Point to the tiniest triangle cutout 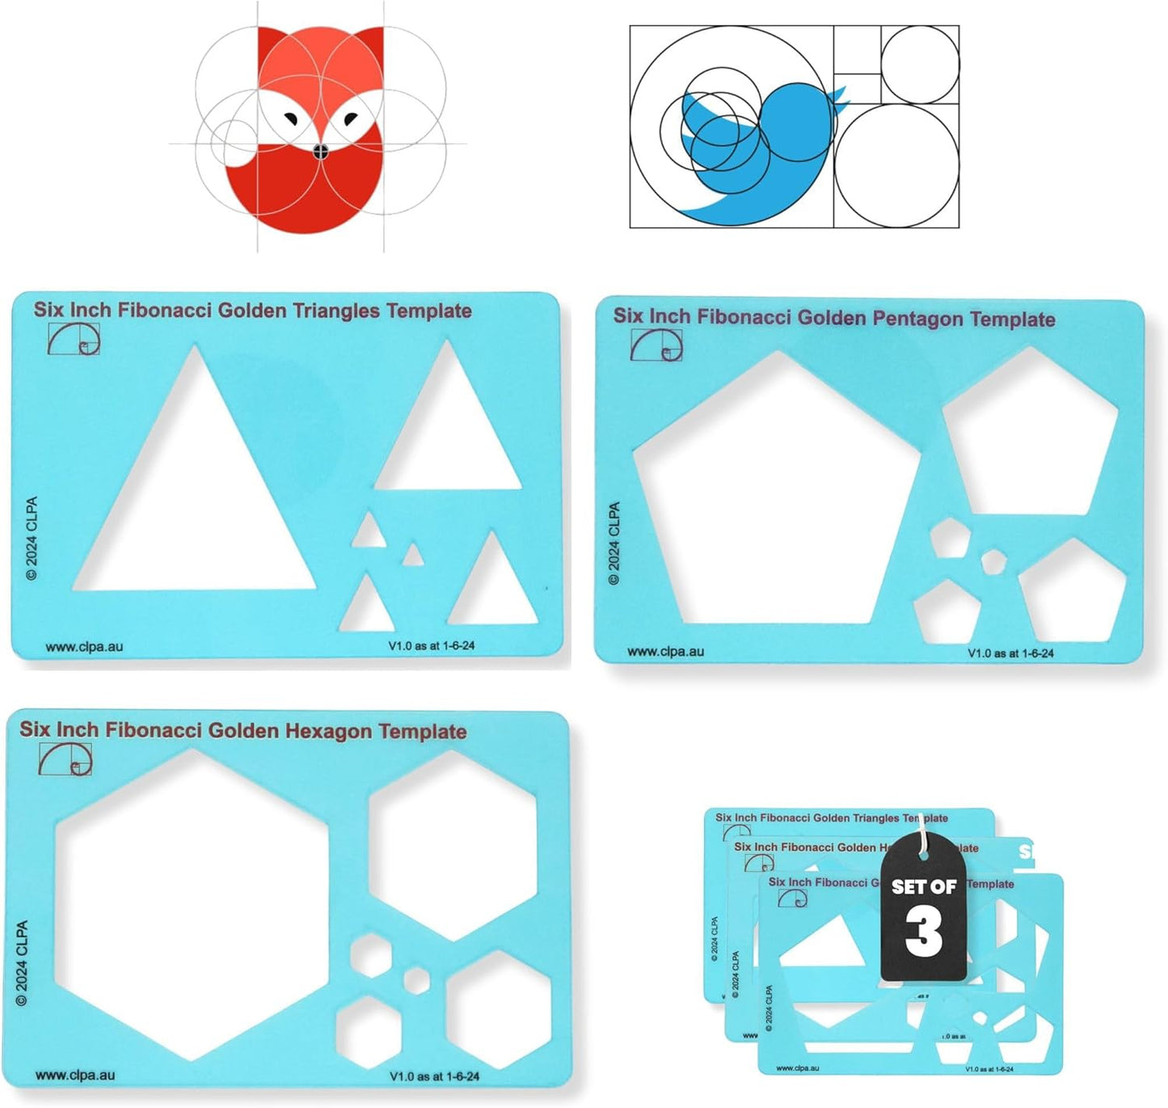coord(413,556)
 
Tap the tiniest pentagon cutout coord(993,560)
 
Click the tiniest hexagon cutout coord(416,979)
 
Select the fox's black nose coord(320,150)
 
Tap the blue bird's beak coord(837,95)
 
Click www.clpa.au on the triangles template coord(84,647)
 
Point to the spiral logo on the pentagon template coord(656,345)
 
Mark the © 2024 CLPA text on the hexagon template coord(22,962)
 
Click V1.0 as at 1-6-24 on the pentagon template coord(1010,653)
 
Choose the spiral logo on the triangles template coord(74,339)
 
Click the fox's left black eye coord(290,121)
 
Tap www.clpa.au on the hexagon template coord(75,1076)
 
